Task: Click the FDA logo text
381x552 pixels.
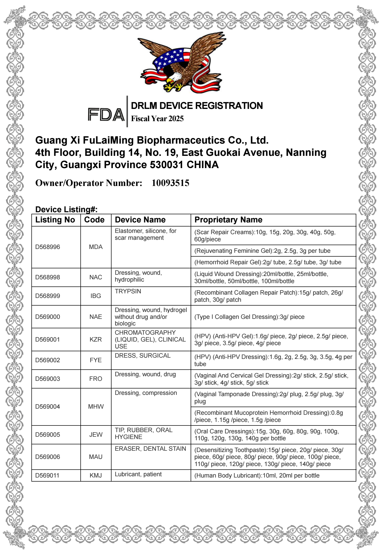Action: (x=106, y=115)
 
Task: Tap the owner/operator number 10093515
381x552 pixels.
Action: (x=170, y=183)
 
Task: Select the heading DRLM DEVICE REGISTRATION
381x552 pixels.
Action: (x=197, y=106)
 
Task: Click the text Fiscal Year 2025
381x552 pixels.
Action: (x=157, y=119)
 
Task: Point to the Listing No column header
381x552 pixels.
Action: (x=55, y=220)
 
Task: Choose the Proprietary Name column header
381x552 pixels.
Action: (x=228, y=220)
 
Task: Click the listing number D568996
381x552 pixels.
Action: (x=48, y=247)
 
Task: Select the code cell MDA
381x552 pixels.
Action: (x=96, y=247)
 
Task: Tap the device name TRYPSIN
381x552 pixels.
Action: (x=128, y=291)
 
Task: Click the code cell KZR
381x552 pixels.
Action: (x=96, y=340)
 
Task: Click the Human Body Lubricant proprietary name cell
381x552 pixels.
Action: (x=257, y=475)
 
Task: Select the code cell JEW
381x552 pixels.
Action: (x=96, y=435)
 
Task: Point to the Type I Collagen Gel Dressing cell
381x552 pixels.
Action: (x=249, y=317)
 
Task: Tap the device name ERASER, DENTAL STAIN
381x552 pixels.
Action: (x=150, y=449)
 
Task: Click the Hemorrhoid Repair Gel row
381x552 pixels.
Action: (x=268, y=262)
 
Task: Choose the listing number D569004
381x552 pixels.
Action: (x=48, y=407)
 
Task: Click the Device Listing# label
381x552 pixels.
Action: (x=66, y=210)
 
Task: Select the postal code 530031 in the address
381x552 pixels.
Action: (x=166, y=165)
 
